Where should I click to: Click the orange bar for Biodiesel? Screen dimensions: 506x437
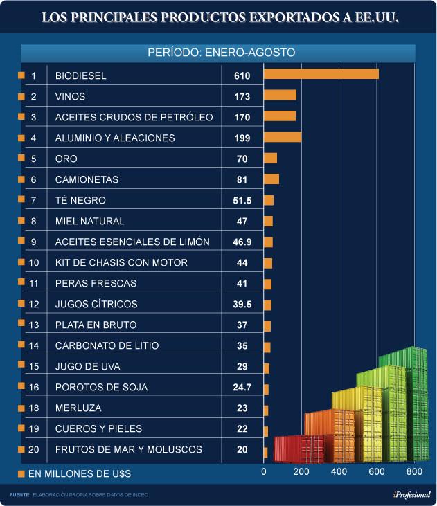[321, 75]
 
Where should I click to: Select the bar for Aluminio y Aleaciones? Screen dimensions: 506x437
[283, 138]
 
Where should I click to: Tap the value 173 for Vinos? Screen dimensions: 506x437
[242, 96]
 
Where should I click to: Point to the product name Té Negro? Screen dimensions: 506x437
[80, 200]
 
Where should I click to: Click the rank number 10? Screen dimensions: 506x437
[35, 262]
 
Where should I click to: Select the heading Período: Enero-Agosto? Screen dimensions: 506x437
[222, 52]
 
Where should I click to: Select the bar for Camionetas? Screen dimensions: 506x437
[271, 179]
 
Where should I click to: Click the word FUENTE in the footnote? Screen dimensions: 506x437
[19, 494]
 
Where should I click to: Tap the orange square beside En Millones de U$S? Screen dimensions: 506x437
[20, 473]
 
